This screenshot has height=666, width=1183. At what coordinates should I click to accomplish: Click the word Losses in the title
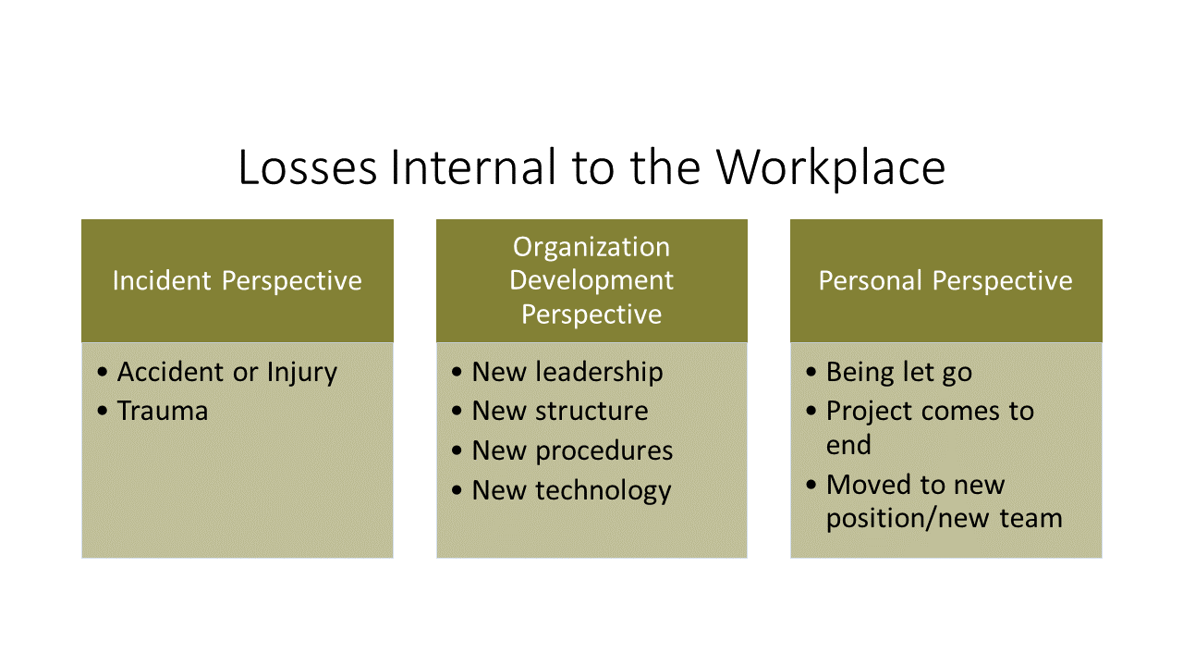pyautogui.click(x=308, y=167)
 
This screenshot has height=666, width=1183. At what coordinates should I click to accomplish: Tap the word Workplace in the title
pyautogui.click(x=831, y=168)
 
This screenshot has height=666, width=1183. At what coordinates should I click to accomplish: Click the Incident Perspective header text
pyautogui.click(x=238, y=280)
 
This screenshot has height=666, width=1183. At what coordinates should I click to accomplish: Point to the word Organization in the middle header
pyautogui.click(x=591, y=247)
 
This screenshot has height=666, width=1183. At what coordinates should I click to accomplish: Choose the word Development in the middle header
pyautogui.click(x=591, y=280)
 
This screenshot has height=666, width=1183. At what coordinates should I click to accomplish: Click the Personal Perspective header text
pyautogui.click(x=945, y=280)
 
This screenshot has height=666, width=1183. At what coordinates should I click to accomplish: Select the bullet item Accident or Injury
pyautogui.click(x=227, y=373)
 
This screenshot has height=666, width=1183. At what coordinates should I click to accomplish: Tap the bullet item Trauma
pyautogui.click(x=163, y=412)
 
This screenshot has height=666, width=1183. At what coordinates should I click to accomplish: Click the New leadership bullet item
pyautogui.click(x=567, y=373)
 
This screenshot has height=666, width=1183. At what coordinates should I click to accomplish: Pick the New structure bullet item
pyautogui.click(x=560, y=412)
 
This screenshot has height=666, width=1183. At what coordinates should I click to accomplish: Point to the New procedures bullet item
pyautogui.click(x=572, y=451)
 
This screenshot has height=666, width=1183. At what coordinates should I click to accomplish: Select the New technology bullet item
pyautogui.click(x=571, y=491)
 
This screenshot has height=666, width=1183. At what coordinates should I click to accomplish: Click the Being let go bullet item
pyautogui.click(x=899, y=373)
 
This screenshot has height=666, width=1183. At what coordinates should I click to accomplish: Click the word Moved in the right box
pyautogui.click(x=868, y=485)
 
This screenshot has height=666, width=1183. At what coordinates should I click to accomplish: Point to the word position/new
pyautogui.click(x=908, y=519)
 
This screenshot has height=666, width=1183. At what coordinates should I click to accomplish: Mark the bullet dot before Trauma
pyautogui.click(x=103, y=411)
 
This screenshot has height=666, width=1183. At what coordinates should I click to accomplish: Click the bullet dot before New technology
pyautogui.click(x=457, y=490)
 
